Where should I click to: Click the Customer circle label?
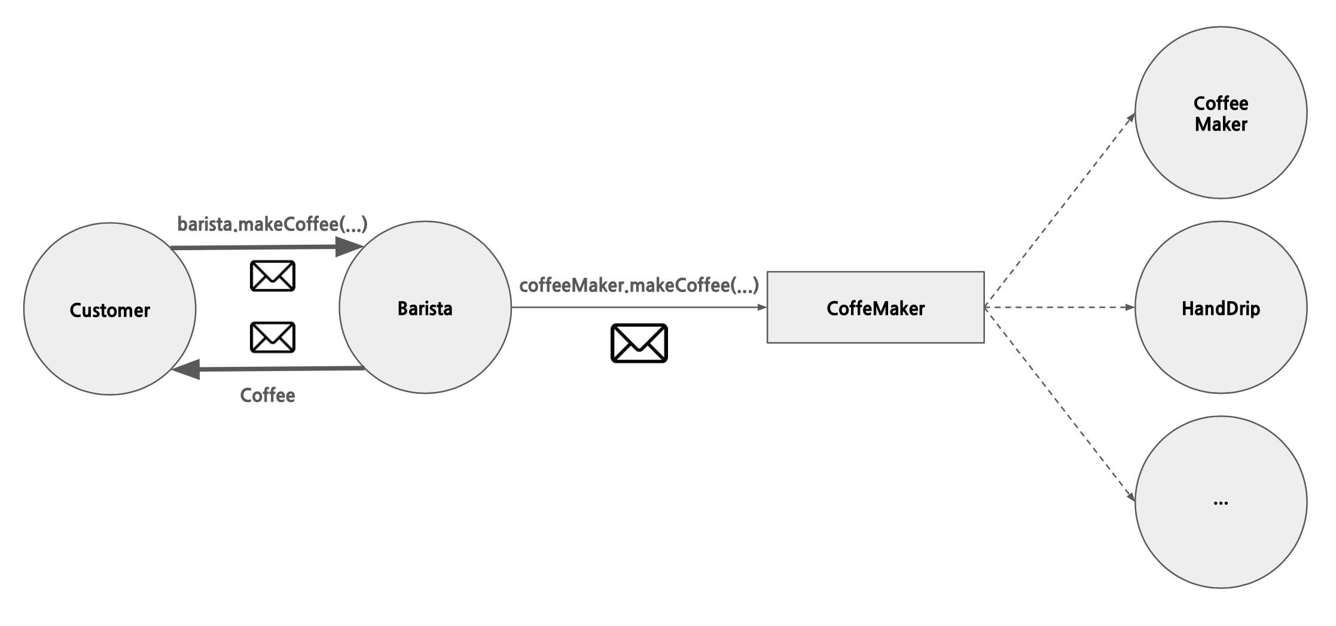pyautogui.click(x=110, y=310)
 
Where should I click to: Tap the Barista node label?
pyautogui.click(x=425, y=308)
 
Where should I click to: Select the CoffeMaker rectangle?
pyautogui.click(x=875, y=308)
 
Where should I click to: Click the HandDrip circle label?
pyautogui.click(x=1221, y=308)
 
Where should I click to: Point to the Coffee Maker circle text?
pyautogui.click(x=1221, y=114)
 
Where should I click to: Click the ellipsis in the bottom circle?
pyautogui.click(x=1221, y=503)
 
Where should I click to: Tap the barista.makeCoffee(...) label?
pyautogui.click(x=272, y=224)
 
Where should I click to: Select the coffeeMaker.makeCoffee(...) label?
pyautogui.click(x=639, y=285)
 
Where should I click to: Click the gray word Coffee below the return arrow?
pyautogui.click(x=267, y=395)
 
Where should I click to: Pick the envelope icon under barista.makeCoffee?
pyautogui.click(x=273, y=276)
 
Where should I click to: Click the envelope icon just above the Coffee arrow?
pyautogui.click(x=273, y=338)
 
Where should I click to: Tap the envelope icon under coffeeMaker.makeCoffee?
pyautogui.click(x=639, y=343)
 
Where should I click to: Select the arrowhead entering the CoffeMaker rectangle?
pyautogui.click(x=762, y=308)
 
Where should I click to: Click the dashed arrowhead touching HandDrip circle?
pyautogui.click(x=1130, y=308)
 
